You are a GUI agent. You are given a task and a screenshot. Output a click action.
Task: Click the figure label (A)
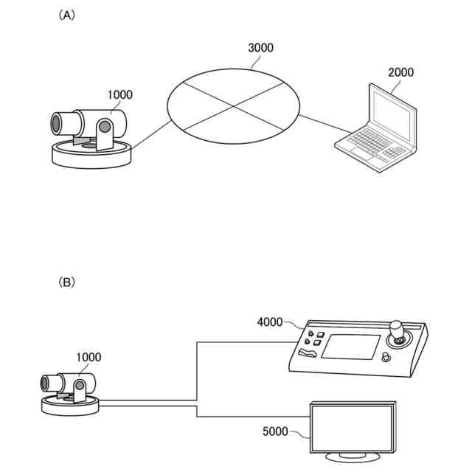coord(66,15)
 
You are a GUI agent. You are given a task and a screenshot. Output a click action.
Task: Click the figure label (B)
coord(66,282)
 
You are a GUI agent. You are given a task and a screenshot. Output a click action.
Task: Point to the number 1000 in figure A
coord(120,94)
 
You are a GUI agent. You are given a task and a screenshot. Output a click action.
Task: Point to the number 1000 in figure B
coord(88,358)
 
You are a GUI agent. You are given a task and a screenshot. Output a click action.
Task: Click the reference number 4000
coord(270,322)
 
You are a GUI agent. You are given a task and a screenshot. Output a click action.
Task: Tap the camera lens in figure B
coord(46,382)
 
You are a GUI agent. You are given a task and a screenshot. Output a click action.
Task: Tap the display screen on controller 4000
coord(350,346)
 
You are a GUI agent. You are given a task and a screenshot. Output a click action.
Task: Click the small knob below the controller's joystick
coord(386,358)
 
